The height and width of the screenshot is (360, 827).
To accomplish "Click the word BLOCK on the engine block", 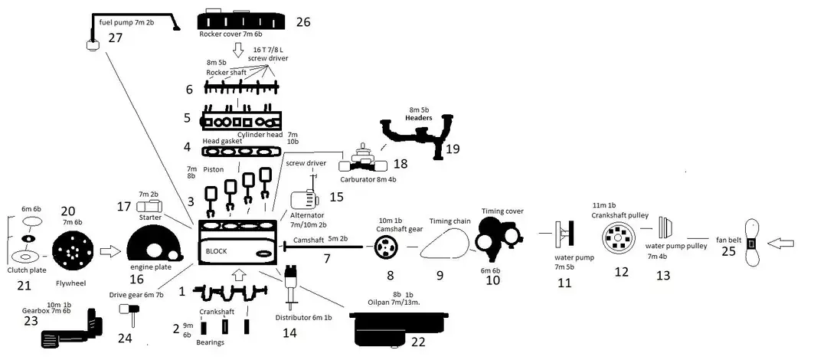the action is (217, 251).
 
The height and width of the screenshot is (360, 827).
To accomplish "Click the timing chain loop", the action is (446, 245).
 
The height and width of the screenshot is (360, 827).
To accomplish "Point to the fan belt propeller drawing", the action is (750, 244).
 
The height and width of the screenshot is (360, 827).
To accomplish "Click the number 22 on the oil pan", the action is (418, 342).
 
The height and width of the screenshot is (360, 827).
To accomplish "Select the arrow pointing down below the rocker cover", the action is (238, 50).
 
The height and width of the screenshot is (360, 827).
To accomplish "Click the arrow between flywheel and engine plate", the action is (110, 251).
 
